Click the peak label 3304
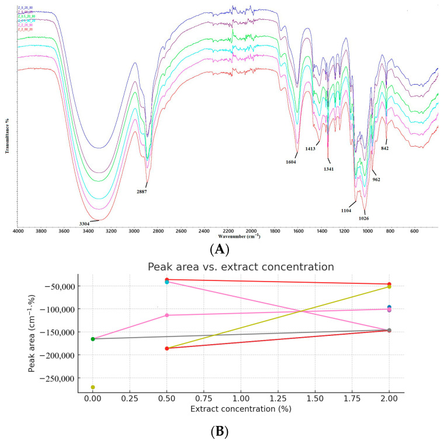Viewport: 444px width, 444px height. click(85, 223)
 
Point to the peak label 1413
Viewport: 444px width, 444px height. click(310, 148)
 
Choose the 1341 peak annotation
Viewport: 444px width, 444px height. click(330, 169)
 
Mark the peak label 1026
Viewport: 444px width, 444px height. click(363, 218)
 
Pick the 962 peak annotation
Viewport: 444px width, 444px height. click(376, 179)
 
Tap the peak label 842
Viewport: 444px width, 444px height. click(386, 148)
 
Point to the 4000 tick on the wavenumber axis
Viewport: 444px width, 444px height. click(18, 231)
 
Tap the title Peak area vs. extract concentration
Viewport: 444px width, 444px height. click(240, 267)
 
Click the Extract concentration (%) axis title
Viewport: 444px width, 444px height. click(240, 409)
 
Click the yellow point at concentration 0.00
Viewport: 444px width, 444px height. click(93, 387)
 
